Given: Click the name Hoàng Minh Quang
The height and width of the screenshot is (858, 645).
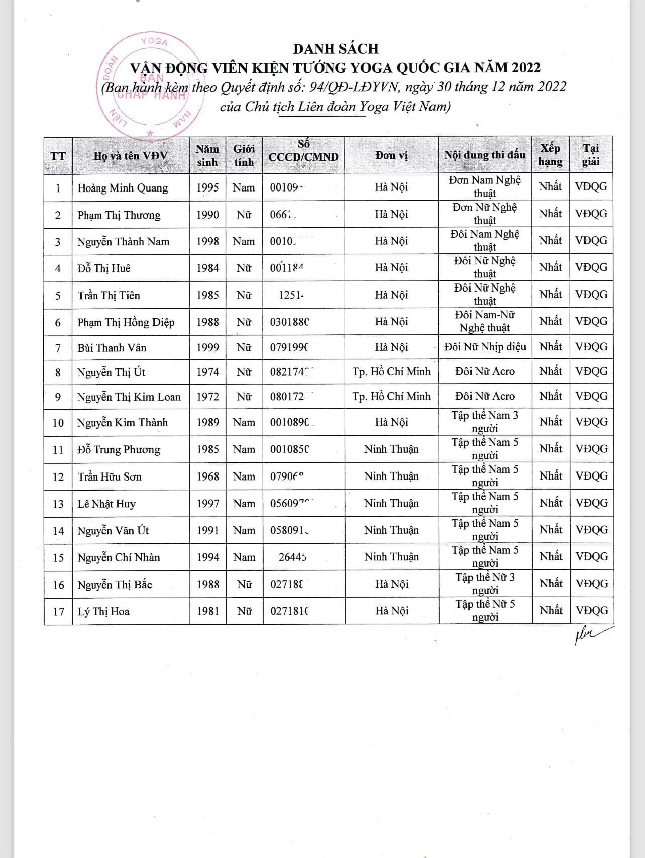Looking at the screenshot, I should [x=123, y=188].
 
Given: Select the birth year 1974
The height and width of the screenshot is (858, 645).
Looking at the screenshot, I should [x=207, y=372].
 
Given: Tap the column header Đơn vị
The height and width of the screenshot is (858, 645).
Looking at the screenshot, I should [x=391, y=155].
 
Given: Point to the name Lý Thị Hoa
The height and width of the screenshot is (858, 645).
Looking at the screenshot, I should [x=103, y=612].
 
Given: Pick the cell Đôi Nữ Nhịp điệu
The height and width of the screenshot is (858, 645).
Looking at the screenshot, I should [x=485, y=347].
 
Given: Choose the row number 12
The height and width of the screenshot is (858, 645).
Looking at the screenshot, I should [x=58, y=477].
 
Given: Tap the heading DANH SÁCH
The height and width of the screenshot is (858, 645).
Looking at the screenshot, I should [x=336, y=49].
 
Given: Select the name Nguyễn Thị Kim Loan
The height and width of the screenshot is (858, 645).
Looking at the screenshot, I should [x=129, y=397].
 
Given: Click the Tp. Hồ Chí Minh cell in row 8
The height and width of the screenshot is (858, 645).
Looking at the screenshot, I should [x=391, y=372].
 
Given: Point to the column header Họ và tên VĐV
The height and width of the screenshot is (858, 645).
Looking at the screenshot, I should [x=131, y=156].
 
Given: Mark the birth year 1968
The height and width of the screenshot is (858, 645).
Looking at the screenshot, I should [x=207, y=476].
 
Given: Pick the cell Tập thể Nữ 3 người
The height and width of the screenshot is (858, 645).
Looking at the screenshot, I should [x=485, y=584].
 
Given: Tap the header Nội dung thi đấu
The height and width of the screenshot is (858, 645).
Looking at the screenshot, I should [x=485, y=155].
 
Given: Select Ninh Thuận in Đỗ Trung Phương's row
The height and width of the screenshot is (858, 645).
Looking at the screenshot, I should [x=391, y=449].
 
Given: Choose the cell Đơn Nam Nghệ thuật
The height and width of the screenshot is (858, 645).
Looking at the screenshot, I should [x=485, y=186].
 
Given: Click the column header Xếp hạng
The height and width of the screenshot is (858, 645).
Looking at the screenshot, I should [x=550, y=155].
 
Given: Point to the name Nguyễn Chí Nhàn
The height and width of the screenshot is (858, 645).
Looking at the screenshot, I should [x=119, y=558].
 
